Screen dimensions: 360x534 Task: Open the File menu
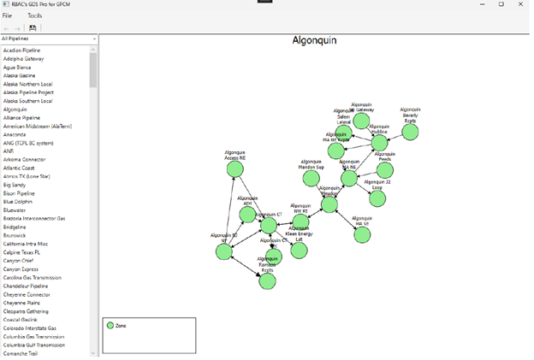click(7, 15)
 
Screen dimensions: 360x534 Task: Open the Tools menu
click(34, 15)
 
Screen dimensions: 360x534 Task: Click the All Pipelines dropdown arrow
click(93, 38)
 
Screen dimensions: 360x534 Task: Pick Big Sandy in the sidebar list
click(14, 185)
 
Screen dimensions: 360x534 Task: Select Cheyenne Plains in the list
click(21, 302)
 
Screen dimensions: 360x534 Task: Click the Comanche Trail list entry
click(21, 352)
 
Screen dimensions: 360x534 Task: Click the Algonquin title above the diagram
click(315, 40)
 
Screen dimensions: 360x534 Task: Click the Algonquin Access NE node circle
click(235, 169)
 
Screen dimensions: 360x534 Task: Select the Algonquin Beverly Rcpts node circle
click(410, 132)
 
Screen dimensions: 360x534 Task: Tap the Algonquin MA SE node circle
click(362, 234)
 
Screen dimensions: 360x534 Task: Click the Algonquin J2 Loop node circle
click(377, 198)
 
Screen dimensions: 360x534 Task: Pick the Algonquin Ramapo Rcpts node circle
click(267, 280)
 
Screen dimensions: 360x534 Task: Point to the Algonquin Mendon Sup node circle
click(311, 180)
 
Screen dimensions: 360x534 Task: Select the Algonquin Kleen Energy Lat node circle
click(299, 250)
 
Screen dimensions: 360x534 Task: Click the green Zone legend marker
click(110, 326)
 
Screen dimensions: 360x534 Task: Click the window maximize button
click(501, 4)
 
